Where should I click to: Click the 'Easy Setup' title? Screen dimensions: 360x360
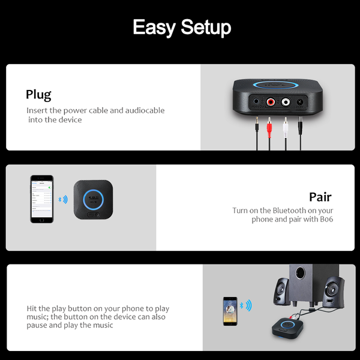[182, 28]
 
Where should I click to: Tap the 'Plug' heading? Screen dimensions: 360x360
[38, 95]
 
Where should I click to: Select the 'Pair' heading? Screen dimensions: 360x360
[320, 197]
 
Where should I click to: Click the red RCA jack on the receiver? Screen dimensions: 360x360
[271, 101]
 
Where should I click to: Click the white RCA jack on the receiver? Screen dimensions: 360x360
[286, 101]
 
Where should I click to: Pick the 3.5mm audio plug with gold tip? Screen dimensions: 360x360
[257, 124]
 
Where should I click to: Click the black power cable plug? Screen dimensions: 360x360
[300, 125]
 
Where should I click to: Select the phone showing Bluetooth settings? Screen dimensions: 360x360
[42, 199]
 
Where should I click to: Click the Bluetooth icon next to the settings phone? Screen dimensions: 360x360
[60, 199]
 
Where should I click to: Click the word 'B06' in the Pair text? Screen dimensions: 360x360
[326, 219]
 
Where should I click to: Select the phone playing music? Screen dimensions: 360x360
[230, 311]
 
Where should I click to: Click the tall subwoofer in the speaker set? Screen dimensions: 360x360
[313, 284]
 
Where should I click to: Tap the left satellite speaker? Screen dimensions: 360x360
[281, 292]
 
